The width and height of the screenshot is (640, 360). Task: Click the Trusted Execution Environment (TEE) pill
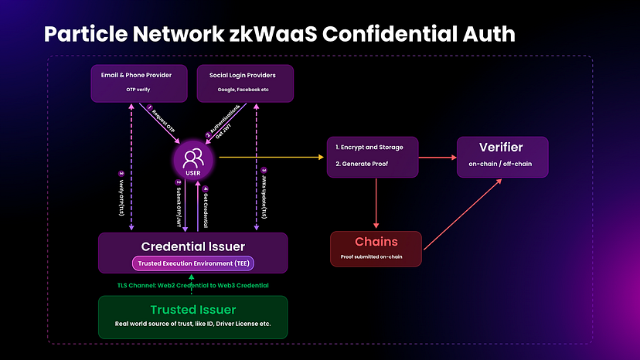point(193,263)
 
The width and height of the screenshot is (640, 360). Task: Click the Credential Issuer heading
point(193,246)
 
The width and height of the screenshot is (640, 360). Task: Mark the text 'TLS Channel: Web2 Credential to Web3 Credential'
point(193,285)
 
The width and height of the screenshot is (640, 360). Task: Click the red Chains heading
point(376,242)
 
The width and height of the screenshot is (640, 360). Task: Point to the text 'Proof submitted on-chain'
point(376,256)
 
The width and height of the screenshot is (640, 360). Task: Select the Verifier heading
point(502,148)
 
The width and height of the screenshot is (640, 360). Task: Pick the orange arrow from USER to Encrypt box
point(271,157)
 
